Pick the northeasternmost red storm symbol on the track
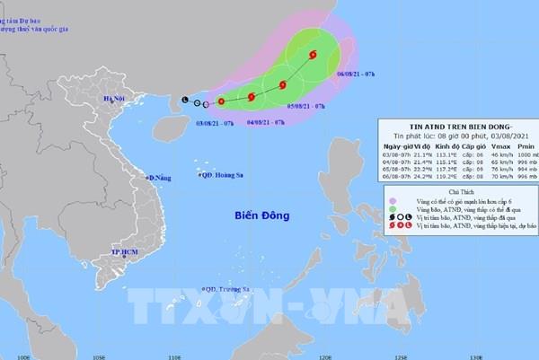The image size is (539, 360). click(x=313, y=56)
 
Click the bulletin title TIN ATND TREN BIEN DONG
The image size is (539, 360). click(x=452, y=126)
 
